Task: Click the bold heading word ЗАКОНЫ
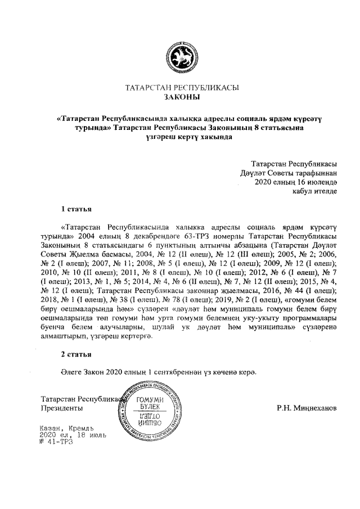181,97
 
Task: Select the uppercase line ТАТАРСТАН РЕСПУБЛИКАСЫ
181,88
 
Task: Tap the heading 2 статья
76,355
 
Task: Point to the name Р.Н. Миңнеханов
307,407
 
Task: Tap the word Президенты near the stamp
62,407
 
